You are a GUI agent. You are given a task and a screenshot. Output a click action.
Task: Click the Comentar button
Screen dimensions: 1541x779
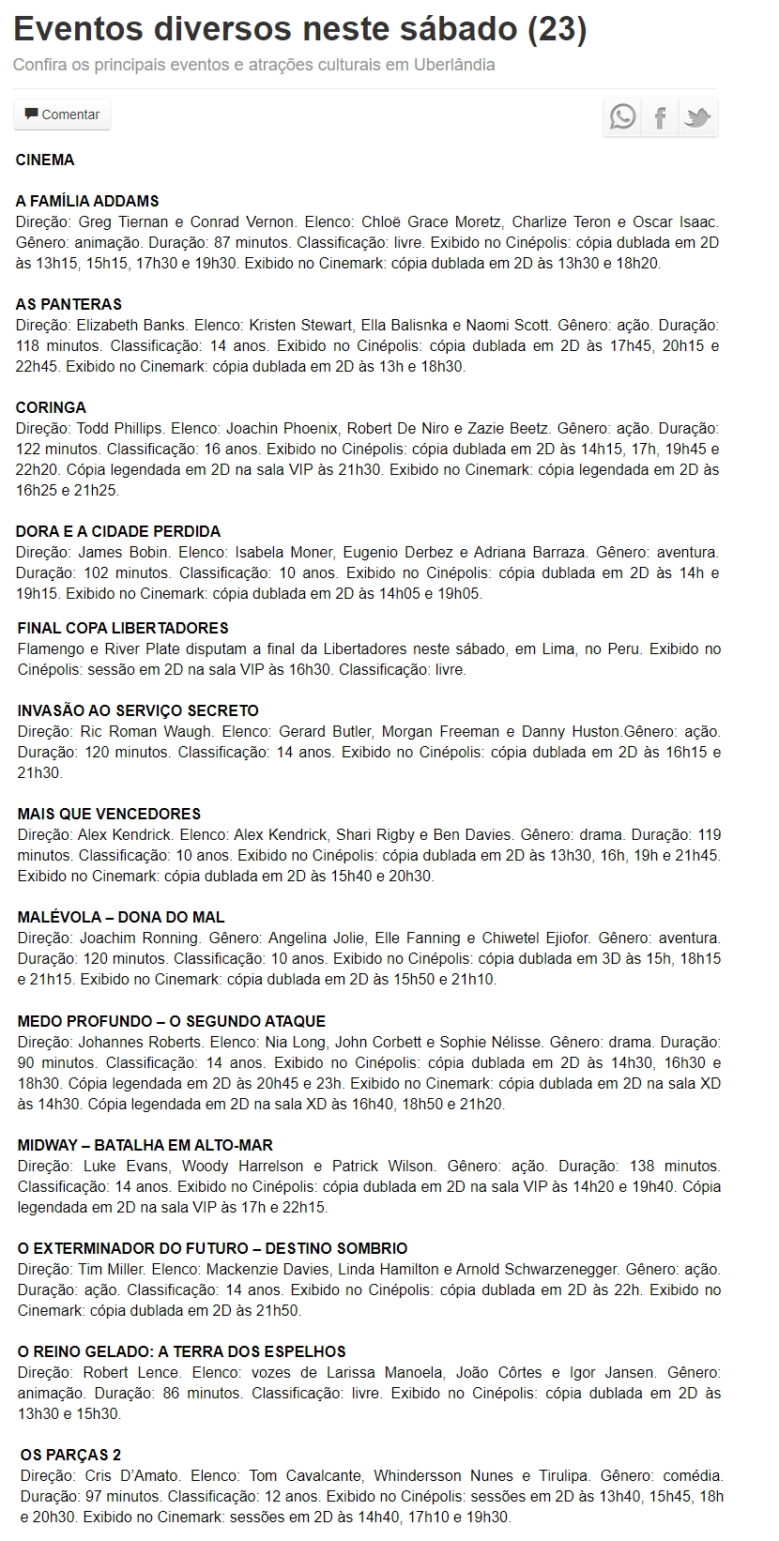[62, 114]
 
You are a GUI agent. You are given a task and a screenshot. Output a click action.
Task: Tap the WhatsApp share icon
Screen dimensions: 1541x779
[622, 117]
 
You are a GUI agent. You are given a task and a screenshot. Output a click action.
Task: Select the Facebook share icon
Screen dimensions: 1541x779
[661, 117]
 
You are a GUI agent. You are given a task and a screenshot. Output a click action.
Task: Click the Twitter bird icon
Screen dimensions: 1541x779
[697, 117]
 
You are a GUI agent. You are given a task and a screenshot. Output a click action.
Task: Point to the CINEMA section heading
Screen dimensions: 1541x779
[45, 160]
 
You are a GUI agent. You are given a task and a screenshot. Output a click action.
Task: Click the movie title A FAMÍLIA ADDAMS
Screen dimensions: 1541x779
[87, 201]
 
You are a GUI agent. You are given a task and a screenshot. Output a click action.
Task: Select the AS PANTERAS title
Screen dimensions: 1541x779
[69, 304]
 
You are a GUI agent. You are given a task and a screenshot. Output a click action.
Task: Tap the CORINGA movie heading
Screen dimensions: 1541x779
[51, 407]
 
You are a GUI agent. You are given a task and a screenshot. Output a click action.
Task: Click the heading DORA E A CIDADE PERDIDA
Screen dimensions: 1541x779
[118, 531]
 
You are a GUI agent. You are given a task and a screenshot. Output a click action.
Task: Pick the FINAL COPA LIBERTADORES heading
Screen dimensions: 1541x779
[123, 628]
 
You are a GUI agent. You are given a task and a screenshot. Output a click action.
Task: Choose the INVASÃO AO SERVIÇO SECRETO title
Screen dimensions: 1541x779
[138, 710]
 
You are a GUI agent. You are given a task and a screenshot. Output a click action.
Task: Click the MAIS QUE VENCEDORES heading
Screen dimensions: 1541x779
[109, 814]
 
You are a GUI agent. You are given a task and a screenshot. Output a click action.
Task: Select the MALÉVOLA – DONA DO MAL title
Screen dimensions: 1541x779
[121, 917]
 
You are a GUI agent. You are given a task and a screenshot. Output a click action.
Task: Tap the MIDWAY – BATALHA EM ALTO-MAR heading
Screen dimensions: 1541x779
[145, 1145]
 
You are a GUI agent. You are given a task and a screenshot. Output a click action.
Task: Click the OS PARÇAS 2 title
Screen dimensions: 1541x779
[70, 1455]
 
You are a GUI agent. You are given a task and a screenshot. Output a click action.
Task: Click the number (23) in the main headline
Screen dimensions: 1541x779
[558, 30]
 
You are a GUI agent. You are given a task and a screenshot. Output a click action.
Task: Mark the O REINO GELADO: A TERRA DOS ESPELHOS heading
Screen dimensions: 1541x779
[182, 1351]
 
